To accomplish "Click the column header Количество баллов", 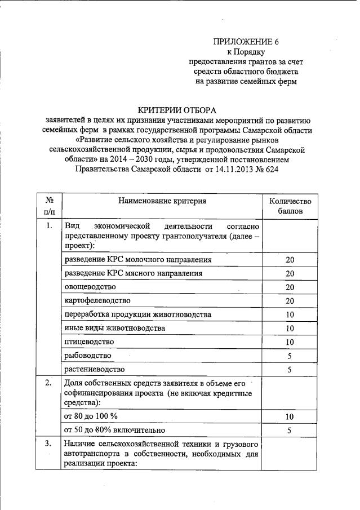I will pyautogui.click(x=290, y=206).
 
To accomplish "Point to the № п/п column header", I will pyautogui.click(x=50, y=206).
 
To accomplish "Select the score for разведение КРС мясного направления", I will pyautogui.click(x=290, y=273).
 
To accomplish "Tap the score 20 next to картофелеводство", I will pyautogui.click(x=290, y=300).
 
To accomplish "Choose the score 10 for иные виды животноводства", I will pyautogui.click(x=290, y=328).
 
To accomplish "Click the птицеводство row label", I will pyautogui.click(x=90, y=342).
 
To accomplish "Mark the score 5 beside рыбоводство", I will pyautogui.click(x=290, y=356).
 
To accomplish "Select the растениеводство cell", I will pyautogui.click(x=94, y=369).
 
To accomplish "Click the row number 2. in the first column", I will pyautogui.click(x=50, y=383).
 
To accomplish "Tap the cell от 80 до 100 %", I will pyautogui.click(x=91, y=416).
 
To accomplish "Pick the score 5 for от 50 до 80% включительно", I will pyautogui.click(x=290, y=431).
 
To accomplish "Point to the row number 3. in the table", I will pyautogui.click(x=50, y=444).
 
